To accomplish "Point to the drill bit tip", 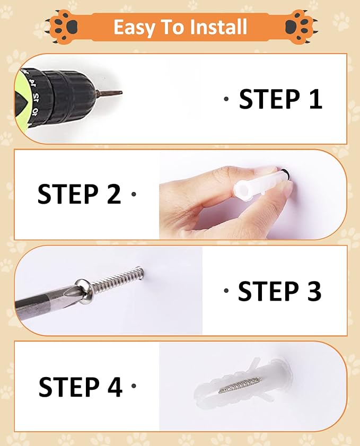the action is (x=121, y=92).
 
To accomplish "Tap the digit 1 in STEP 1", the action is (x=315, y=99).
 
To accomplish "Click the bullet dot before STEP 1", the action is (x=226, y=99).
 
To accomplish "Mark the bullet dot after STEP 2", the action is (x=134, y=194).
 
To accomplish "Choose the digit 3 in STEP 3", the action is (x=313, y=291).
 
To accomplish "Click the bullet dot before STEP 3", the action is (x=226, y=291).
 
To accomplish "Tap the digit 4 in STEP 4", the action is (x=114, y=387).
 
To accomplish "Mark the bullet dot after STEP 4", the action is (x=134, y=386).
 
